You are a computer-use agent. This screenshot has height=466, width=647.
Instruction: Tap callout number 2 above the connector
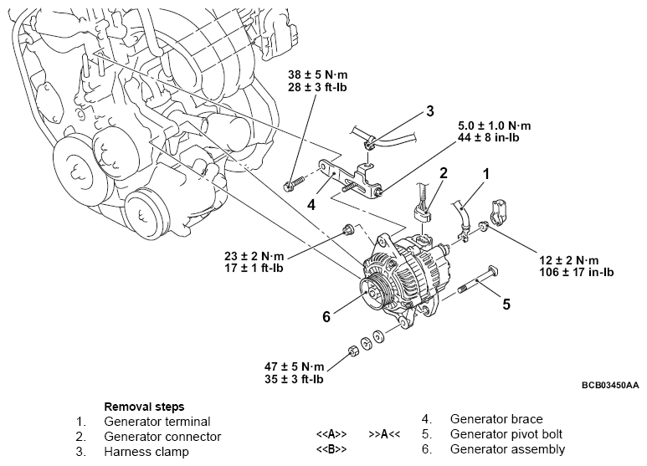click(444, 172)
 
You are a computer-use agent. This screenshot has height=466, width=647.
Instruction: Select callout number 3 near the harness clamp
click(429, 110)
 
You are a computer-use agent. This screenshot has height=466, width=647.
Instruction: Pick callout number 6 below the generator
click(327, 316)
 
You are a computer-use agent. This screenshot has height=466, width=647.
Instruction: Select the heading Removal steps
click(144, 406)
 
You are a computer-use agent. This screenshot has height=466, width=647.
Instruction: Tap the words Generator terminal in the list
click(157, 422)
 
